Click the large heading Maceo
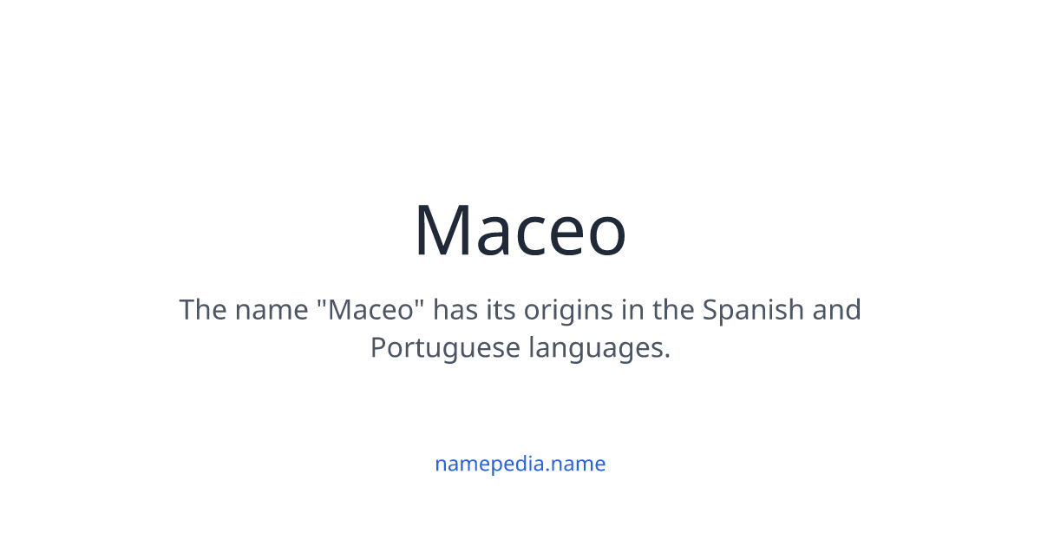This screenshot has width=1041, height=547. click(x=520, y=230)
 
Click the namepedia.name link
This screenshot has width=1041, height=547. click(x=520, y=464)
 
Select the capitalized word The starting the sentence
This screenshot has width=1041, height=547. click(x=203, y=309)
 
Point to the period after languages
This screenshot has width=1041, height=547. click(x=667, y=356)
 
